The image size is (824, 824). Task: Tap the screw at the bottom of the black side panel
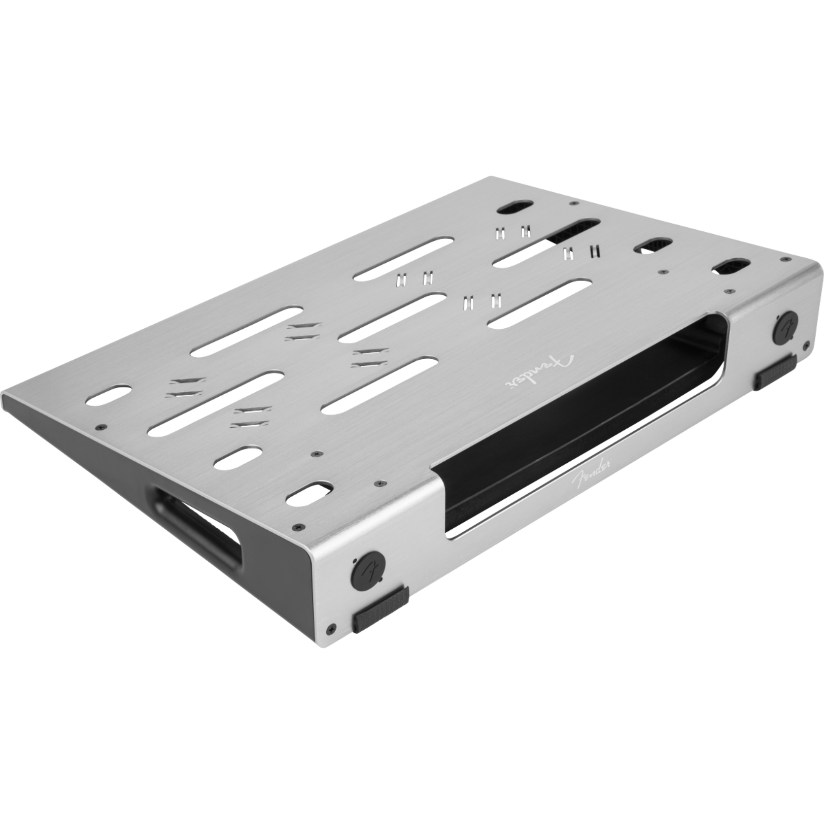tap(332, 628)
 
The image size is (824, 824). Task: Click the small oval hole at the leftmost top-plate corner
tap(108, 395)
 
